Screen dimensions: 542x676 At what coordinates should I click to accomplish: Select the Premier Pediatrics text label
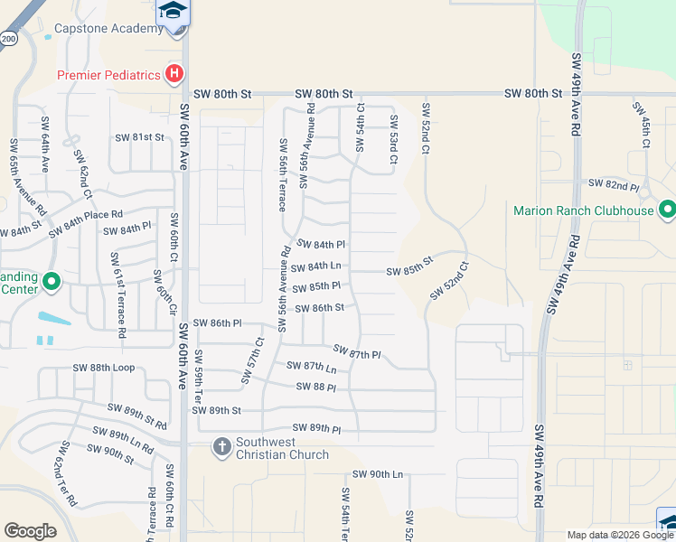pyautogui.click(x=108, y=75)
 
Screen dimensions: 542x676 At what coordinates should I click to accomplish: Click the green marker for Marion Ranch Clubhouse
pyautogui.click(x=668, y=210)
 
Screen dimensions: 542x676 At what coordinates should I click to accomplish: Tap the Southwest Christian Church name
pyautogui.click(x=283, y=448)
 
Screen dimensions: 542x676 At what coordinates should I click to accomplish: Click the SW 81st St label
pyautogui.click(x=140, y=137)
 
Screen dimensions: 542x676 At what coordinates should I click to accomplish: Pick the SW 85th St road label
pyautogui.click(x=410, y=270)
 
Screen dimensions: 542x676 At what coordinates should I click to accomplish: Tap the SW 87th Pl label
pyautogui.click(x=357, y=351)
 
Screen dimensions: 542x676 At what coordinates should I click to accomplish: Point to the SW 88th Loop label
pyautogui.click(x=104, y=368)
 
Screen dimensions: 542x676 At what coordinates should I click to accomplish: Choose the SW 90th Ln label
pyautogui.click(x=378, y=474)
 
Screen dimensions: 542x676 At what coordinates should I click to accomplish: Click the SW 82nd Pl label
pyautogui.click(x=614, y=184)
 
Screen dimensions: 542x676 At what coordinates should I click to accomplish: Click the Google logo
pyautogui.click(x=31, y=531)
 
